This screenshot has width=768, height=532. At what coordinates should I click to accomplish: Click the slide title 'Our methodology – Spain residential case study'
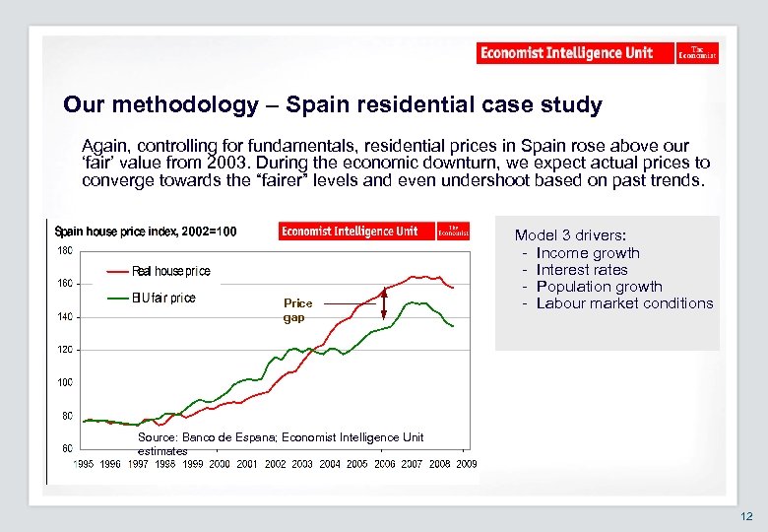pos(332,104)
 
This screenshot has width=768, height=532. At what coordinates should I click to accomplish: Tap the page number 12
pos(744,516)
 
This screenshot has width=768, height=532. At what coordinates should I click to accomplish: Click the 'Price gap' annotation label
pos(297,310)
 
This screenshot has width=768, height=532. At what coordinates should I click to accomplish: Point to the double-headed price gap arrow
pos(385,299)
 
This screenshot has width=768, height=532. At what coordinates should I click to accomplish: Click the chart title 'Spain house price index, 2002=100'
pos(146,233)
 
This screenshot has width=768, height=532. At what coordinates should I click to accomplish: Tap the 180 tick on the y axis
pos(62,250)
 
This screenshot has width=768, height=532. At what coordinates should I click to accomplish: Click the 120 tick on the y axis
pos(62,350)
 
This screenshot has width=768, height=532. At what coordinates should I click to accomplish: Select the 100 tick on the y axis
pos(62,382)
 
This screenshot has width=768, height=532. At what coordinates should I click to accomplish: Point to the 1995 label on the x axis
pos(84,463)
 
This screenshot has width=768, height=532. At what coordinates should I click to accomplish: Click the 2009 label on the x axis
pos(466,463)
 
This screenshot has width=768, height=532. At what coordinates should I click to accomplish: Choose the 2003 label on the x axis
pos(302,463)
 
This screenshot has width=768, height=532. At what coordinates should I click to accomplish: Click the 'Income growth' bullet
pos(588,253)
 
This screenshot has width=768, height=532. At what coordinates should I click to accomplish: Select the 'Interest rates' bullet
pos(582,270)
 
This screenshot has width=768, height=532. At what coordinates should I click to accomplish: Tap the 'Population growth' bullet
pos(599,287)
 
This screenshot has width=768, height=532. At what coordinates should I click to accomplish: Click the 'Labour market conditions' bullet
pos(624,303)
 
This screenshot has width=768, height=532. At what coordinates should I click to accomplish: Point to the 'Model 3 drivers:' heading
pos(570,235)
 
